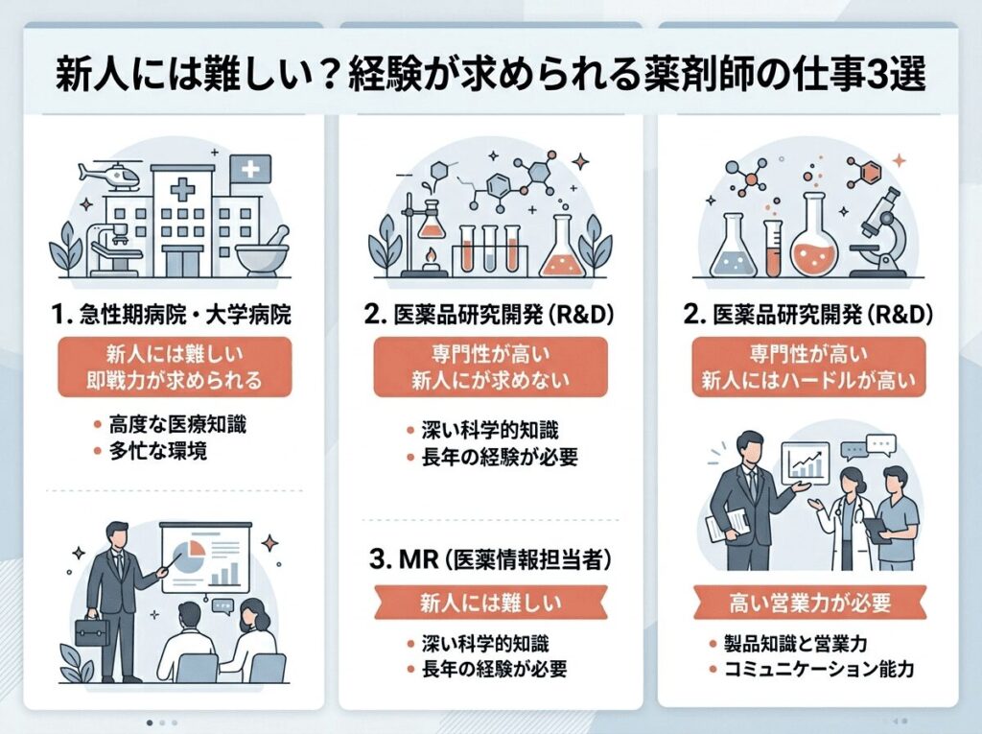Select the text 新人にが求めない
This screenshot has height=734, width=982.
pos(490,381)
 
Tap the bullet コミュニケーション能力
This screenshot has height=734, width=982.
pos(817,668)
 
